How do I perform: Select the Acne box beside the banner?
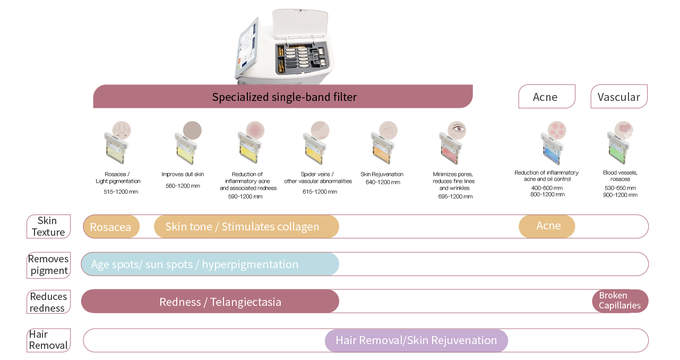click(547, 97)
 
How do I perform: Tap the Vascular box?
click(619, 97)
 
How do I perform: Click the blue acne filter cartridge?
click(552, 149)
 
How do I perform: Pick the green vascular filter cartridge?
click(618, 149)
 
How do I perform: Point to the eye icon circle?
click(457, 130)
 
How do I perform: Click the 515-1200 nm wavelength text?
click(121, 192)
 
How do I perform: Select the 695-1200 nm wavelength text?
click(455, 196)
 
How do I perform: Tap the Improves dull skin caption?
click(183, 174)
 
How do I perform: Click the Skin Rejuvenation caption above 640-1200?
click(382, 174)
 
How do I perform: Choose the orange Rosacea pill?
click(111, 227)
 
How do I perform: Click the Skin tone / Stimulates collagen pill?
click(246, 226)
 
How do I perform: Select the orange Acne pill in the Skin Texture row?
click(547, 226)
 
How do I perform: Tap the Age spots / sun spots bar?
click(210, 264)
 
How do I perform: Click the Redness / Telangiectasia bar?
click(210, 302)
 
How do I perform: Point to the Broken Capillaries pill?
click(620, 301)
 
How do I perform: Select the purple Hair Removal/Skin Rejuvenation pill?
click(416, 340)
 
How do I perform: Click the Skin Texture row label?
click(48, 226)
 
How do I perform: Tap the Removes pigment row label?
click(48, 265)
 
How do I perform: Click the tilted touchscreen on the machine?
click(248, 48)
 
